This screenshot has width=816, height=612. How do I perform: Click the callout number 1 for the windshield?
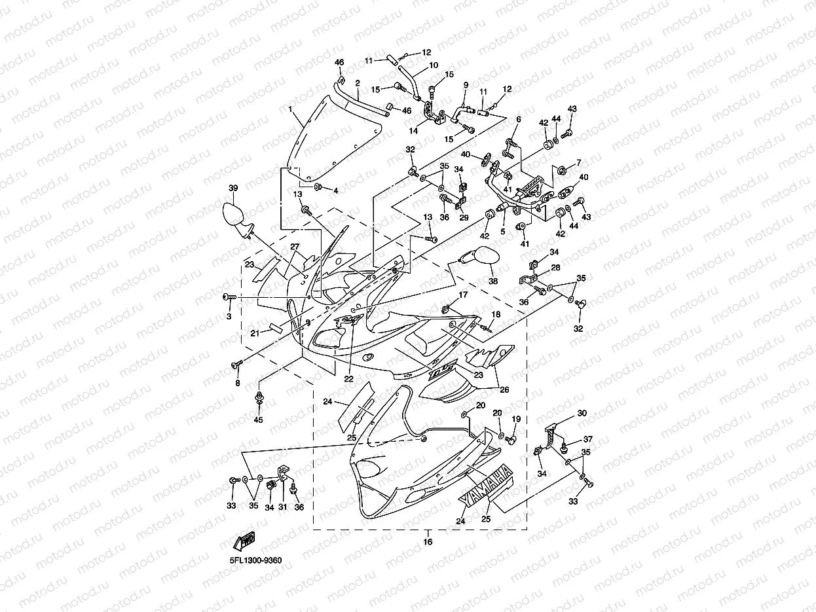click(x=290, y=109)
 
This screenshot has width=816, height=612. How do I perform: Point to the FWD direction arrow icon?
click(x=244, y=541)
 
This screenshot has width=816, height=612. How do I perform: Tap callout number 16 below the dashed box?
click(x=428, y=542)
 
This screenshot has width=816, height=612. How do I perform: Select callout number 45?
click(x=258, y=420)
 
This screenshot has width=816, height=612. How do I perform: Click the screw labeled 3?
click(x=230, y=298)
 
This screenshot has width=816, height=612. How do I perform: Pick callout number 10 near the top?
click(x=434, y=65)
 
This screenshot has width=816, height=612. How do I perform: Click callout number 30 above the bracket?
click(x=582, y=414)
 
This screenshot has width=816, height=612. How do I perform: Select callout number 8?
click(x=237, y=383)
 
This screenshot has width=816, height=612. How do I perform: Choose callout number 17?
click(x=463, y=295)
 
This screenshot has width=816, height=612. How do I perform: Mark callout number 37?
click(x=587, y=439)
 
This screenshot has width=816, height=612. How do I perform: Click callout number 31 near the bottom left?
click(x=282, y=507)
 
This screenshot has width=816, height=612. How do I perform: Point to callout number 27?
click(x=295, y=247)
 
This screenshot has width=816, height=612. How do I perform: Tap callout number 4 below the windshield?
click(x=335, y=190)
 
